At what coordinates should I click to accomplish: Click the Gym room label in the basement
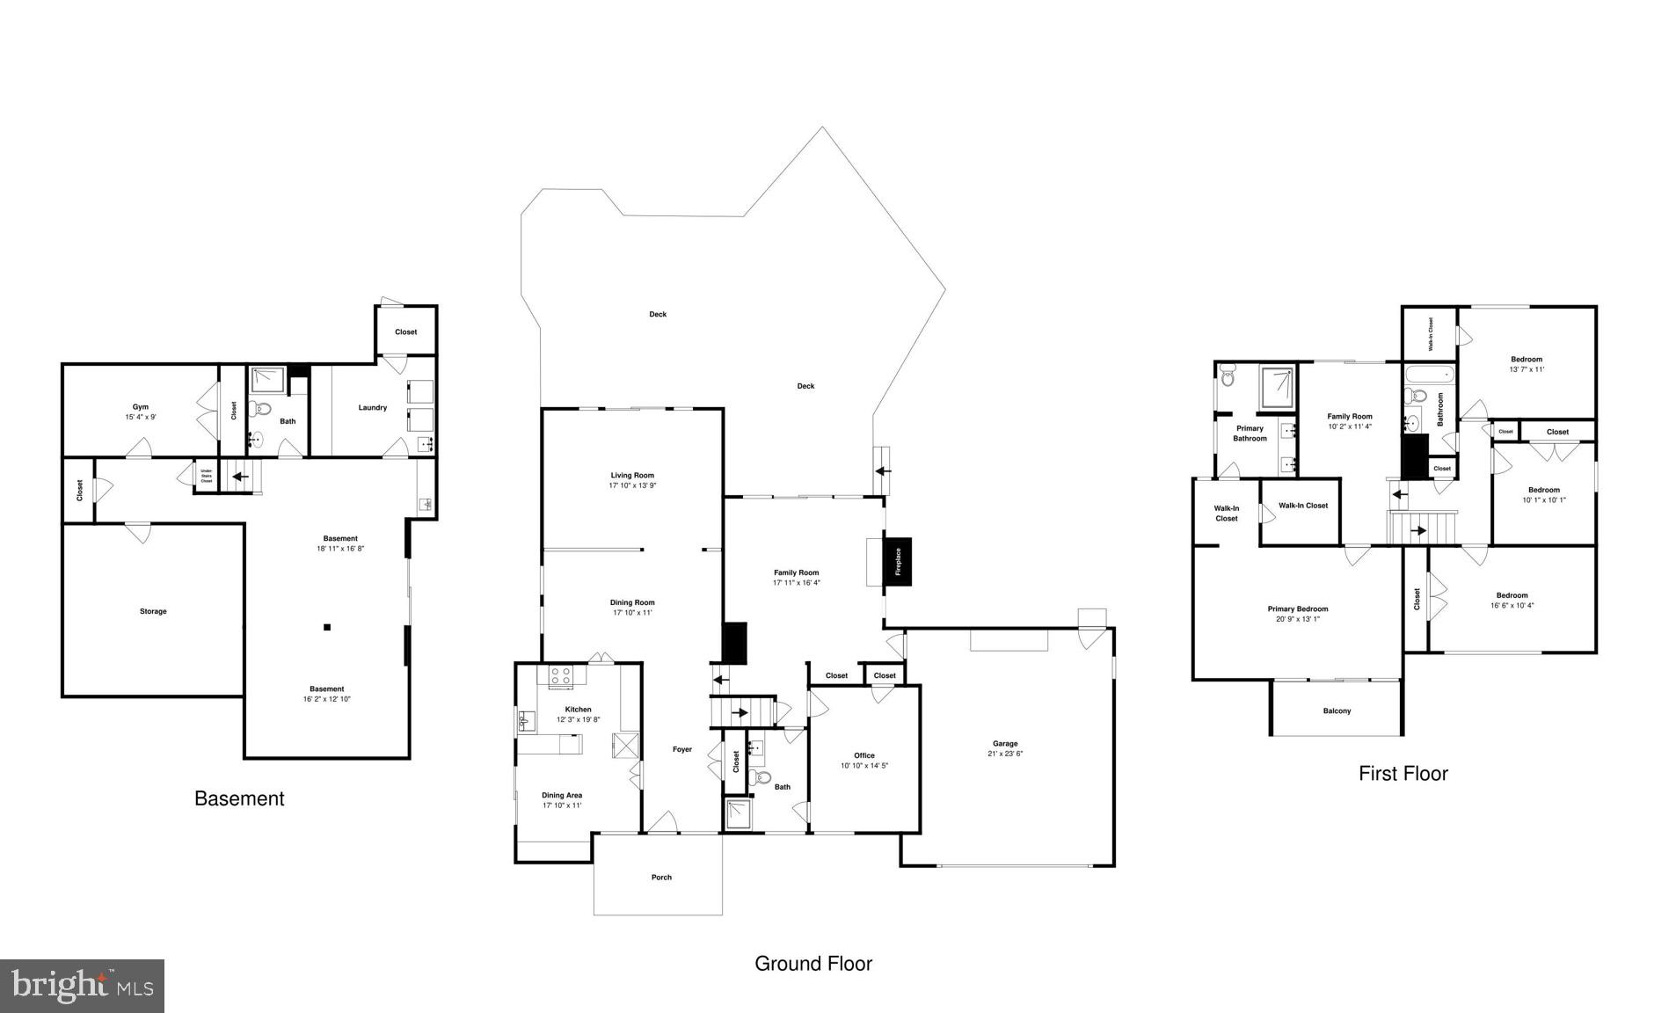coord(141,407)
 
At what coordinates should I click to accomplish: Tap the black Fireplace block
coord(898,561)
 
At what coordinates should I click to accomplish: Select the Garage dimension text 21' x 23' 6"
coord(1005,754)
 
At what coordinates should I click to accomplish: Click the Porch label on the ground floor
coord(661,877)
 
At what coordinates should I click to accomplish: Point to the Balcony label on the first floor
coord(1337,711)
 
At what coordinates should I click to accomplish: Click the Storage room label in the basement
coord(153,611)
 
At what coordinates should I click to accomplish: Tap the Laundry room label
coord(373,407)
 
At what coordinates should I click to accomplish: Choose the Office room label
coord(864,755)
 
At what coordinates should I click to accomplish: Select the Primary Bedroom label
coord(1298,609)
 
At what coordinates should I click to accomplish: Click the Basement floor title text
coord(239,798)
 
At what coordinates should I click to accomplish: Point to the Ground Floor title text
coord(813,964)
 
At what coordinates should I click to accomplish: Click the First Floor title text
coord(1403,774)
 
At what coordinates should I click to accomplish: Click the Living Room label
coord(632,475)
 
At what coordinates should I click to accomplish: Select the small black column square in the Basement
coord(327,627)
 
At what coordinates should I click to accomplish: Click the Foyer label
coord(682,749)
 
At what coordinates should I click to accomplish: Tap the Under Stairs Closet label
coord(207,476)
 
